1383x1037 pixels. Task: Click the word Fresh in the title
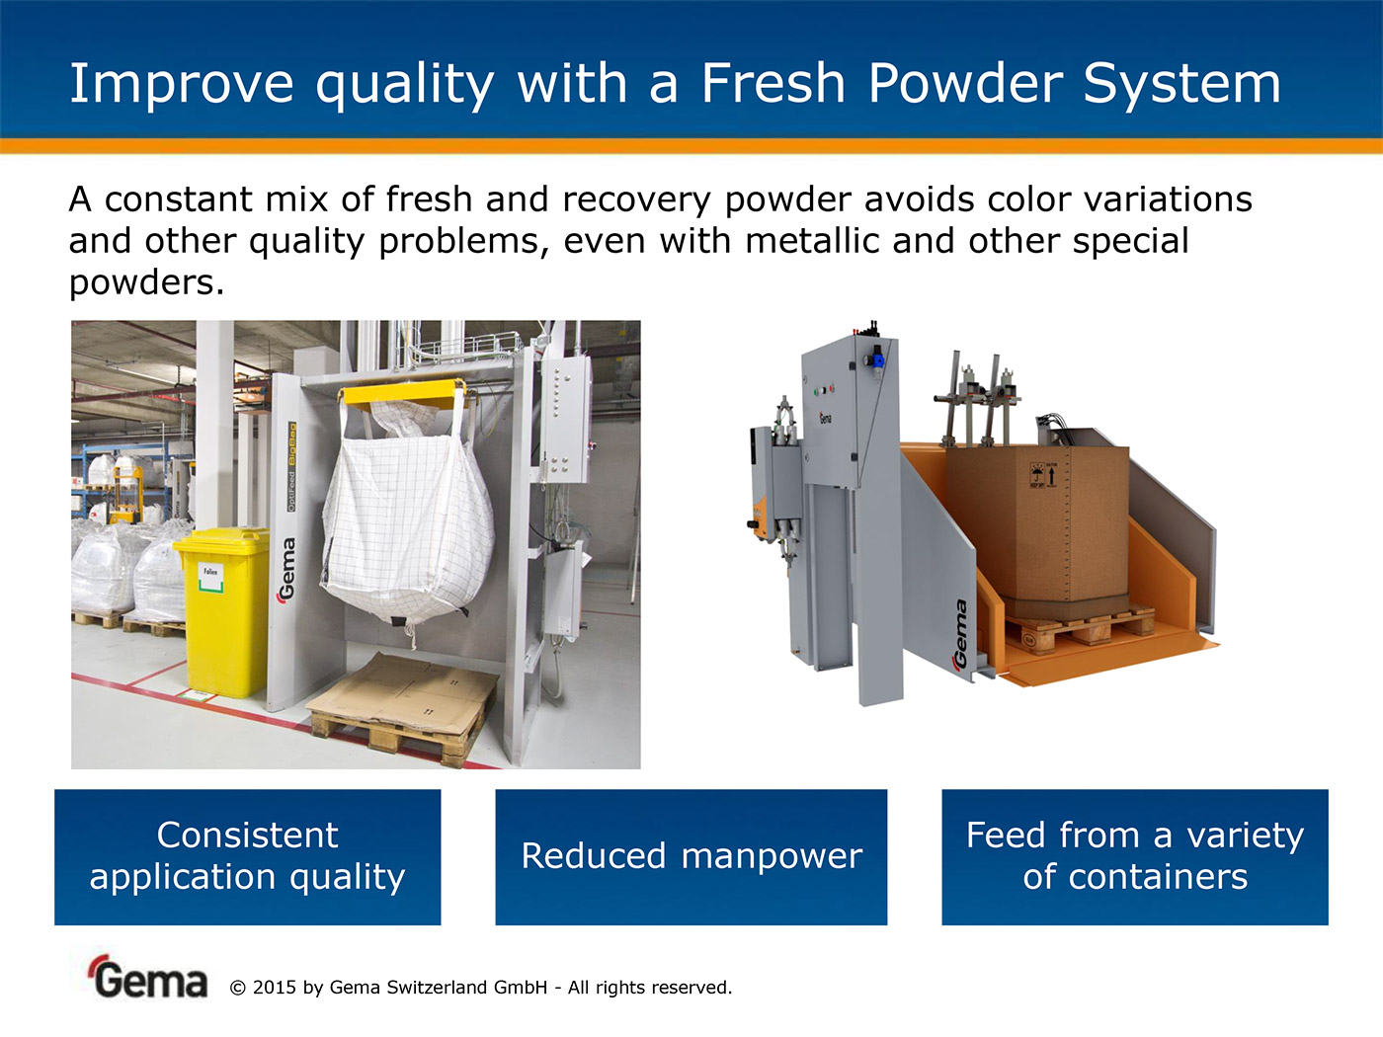pos(773,83)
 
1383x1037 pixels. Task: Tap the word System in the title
pos(1182,84)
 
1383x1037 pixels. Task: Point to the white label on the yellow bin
pos(211,578)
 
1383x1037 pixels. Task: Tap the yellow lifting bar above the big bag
pos(402,393)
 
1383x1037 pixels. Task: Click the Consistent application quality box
pos(248,857)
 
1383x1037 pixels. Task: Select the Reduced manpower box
pos(691,857)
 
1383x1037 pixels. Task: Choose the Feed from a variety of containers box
pos(1135,857)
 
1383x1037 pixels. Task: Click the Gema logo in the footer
pos(148,979)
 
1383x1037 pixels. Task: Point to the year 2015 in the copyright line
pos(274,988)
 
